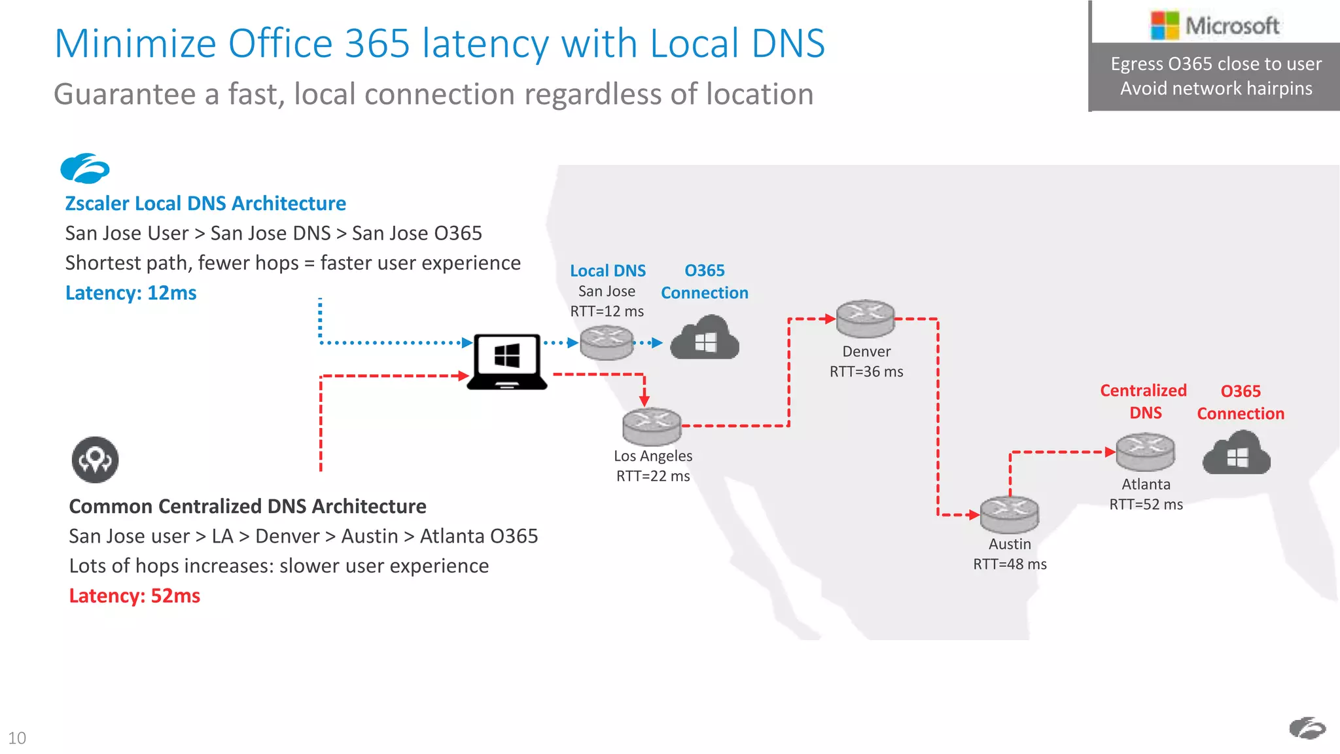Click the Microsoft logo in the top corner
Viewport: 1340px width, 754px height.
click(x=1214, y=26)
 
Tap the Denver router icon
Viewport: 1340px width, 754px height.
click(x=866, y=319)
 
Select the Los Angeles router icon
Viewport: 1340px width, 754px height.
click(x=652, y=426)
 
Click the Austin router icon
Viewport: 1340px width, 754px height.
click(x=1009, y=514)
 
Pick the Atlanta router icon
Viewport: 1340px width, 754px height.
click(x=1145, y=452)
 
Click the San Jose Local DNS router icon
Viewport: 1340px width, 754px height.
click(x=607, y=342)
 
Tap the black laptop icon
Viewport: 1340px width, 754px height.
click(x=507, y=362)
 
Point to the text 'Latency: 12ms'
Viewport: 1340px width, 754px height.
click(x=131, y=293)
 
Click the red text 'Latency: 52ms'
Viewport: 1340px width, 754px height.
click(x=135, y=596)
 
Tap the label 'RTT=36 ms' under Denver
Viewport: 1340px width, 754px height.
click(x=866, y=372)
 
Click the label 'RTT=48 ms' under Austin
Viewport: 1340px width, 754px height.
click(x=1010, y=564)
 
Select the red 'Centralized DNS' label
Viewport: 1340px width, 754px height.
click(x=1144, y=401)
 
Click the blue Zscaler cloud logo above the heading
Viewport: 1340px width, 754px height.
click(x=85, y=169)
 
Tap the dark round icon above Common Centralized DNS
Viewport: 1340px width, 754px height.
click(x=95, y=459)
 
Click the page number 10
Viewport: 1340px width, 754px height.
click(x=17, y=738)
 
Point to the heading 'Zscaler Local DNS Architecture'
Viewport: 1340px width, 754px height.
click(x=205, y=204)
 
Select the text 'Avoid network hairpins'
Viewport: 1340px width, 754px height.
click(x=1216, y=88)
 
